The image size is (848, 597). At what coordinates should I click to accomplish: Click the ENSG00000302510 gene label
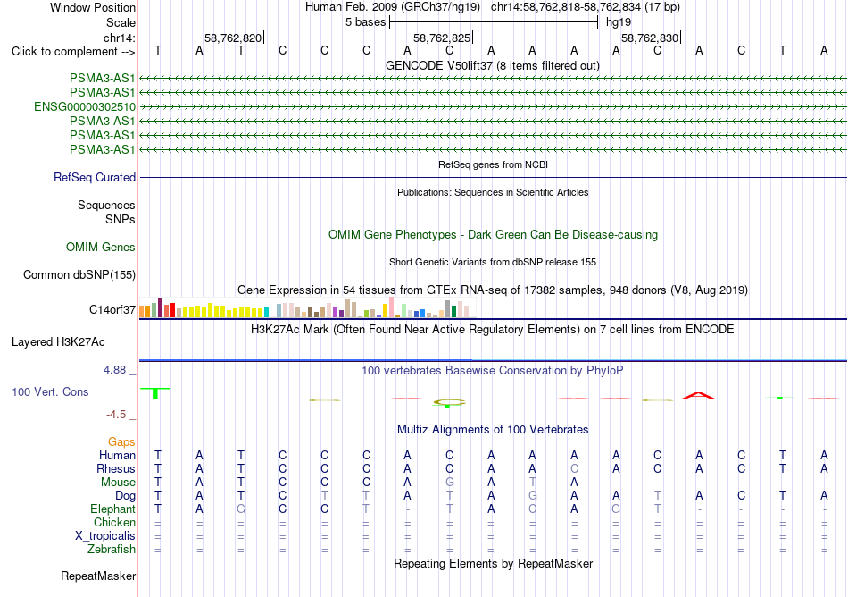85,106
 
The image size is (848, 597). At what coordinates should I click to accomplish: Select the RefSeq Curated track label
95,178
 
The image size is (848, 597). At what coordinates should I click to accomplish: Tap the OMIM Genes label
101,248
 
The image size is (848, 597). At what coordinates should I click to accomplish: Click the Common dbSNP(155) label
79,275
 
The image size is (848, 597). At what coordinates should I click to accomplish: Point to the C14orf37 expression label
112,309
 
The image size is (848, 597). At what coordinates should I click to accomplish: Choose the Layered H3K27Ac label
58,342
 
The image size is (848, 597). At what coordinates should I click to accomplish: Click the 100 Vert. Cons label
50,391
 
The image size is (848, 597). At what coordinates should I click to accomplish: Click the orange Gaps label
121,442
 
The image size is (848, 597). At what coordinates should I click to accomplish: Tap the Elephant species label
113,509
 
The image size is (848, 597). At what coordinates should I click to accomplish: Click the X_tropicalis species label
105,536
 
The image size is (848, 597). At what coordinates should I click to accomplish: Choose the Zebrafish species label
112,550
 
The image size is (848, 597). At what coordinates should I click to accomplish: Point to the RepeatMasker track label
98,576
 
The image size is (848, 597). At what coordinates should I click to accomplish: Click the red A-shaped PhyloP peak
698,395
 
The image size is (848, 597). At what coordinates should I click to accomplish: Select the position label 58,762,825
442,38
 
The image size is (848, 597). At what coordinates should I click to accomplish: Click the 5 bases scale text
366,22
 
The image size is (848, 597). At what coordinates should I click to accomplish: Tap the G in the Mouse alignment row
449,483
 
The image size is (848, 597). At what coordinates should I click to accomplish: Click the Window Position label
93,7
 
